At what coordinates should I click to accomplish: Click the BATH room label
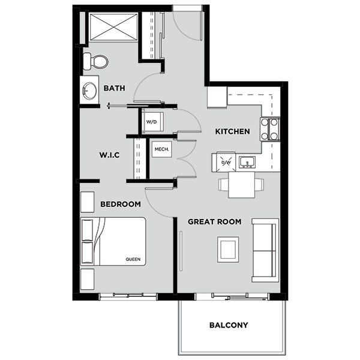pyautogui.click(x=114, y=88)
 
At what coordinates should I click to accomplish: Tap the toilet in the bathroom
pyautogui.click(x=96, y=61)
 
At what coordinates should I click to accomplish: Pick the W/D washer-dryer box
pyautogui.click(x=151, y=122)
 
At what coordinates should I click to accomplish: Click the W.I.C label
pyautogui.click(x=109, y=155)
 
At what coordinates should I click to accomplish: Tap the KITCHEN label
pyautogui.click(x=232, y=131)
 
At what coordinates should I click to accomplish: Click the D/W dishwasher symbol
pyautogui.click(x=226, y=162)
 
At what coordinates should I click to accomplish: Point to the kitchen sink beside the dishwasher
pyautogui.click(x=247, y=162)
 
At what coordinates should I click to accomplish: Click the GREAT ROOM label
pyautogui.click(x=214, y=221)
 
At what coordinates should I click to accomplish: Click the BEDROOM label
pyautogui.click(x=120, y=204)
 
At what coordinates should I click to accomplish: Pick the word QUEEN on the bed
pyautogui.click(x=133, y=260)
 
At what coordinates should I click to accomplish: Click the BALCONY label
pyautogui.click(x=228, y=325)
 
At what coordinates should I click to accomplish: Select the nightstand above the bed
pyautogui.click(x=88, y=201)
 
